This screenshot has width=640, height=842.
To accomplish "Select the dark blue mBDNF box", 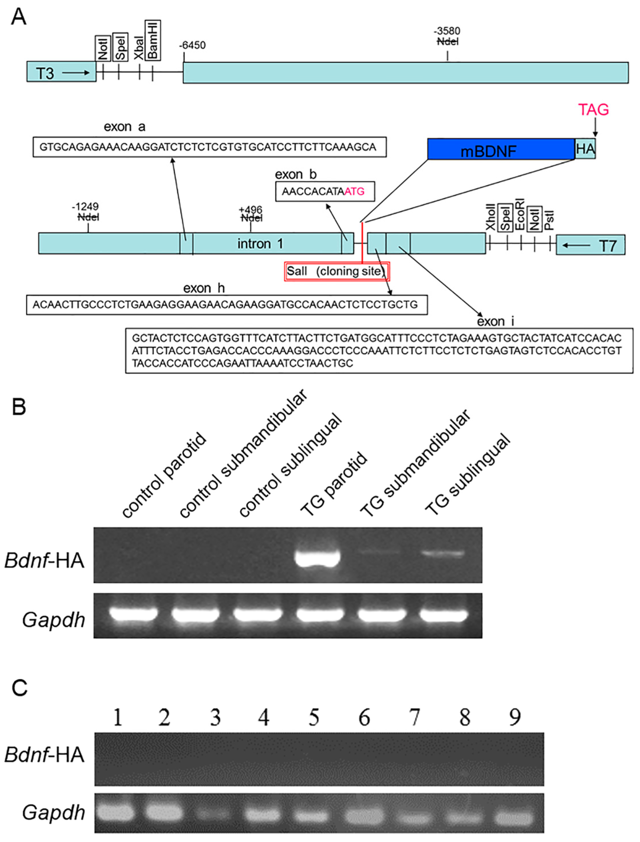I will point(501,149).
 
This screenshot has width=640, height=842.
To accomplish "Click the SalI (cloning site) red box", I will point(337,271).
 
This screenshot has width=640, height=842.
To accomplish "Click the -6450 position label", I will point(192,45).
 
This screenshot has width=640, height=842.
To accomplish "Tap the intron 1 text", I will point(260,244).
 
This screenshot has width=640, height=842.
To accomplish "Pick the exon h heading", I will point(204,288).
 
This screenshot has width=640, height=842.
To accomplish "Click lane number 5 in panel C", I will point(314,718).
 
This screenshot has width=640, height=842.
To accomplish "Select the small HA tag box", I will point(585,149).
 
